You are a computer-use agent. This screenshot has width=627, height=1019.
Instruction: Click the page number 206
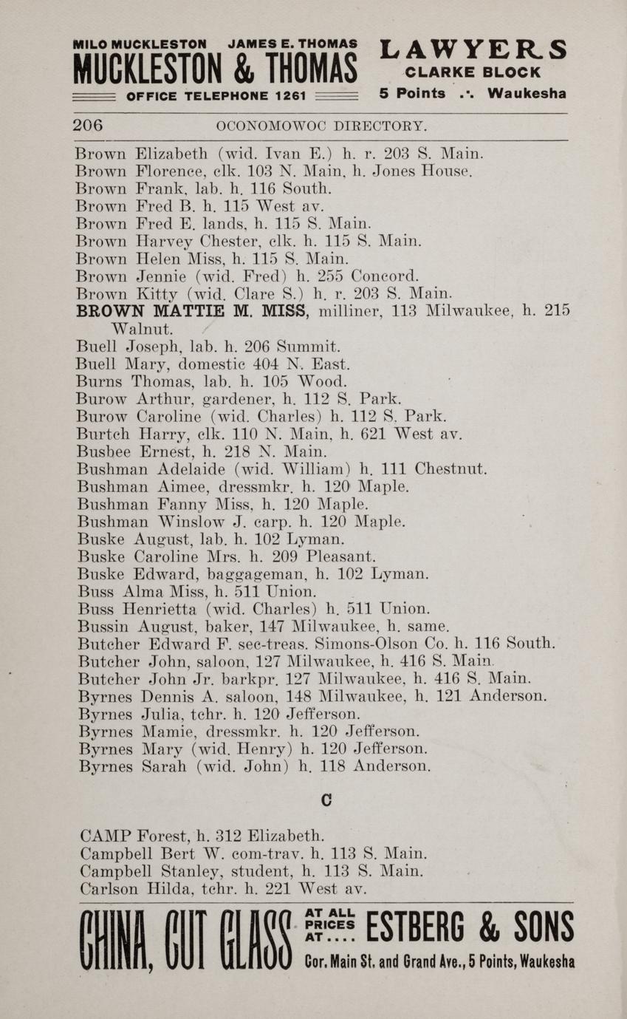click(88, 126)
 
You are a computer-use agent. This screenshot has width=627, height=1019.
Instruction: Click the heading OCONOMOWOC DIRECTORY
click(321, 126)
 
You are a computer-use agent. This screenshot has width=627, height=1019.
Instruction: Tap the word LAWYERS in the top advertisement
click(473, 49)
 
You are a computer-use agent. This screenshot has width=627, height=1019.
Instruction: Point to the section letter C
click(325, 800)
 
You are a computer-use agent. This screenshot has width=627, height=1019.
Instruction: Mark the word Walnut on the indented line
click(142, 328)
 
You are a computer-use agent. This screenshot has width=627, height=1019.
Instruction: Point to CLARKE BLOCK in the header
click(473, 73)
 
